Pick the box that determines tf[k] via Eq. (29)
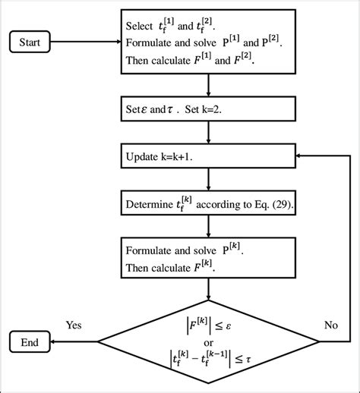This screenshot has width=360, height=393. point(207,204)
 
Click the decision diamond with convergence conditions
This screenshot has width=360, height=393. point(207,341)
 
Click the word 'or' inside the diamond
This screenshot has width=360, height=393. point(207,341)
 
